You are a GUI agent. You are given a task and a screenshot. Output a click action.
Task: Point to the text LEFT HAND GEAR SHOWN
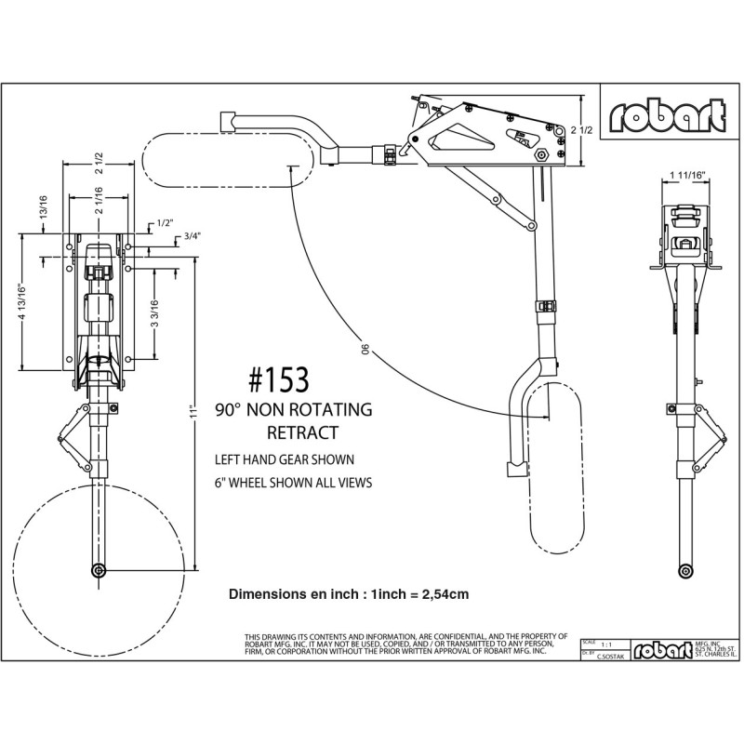coord(284,458)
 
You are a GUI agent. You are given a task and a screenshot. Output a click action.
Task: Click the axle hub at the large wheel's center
coord(98,569)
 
